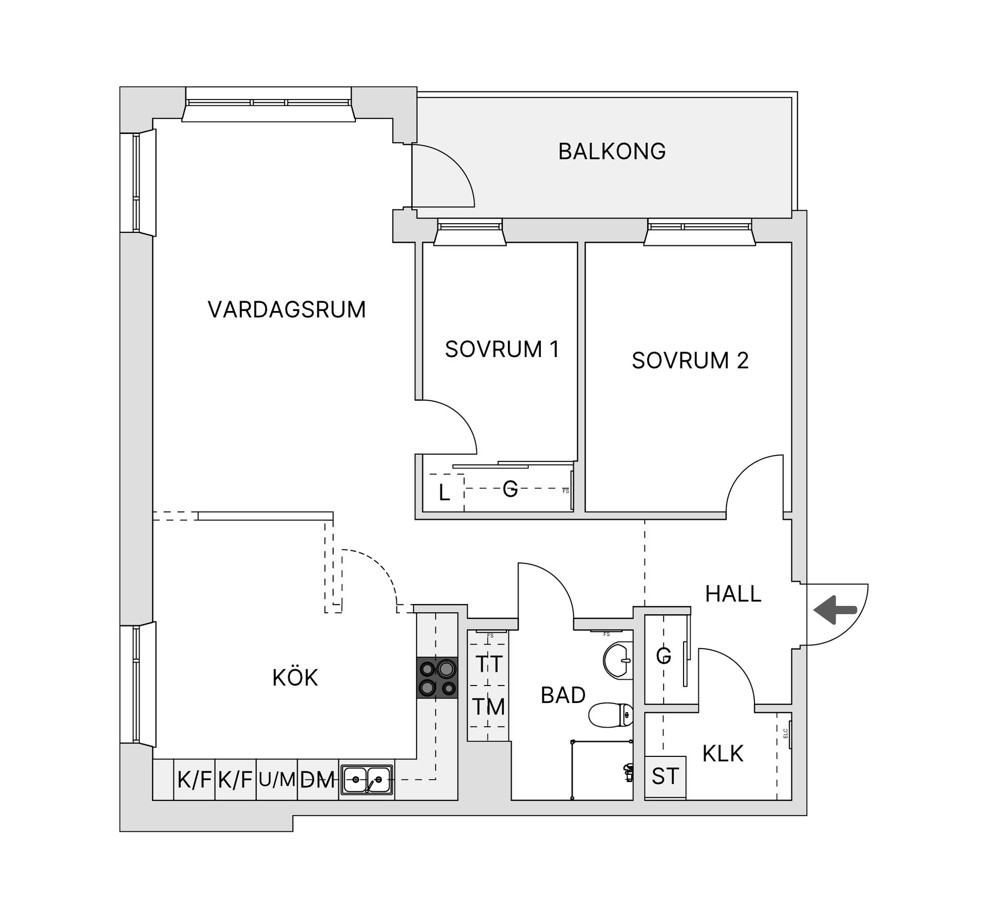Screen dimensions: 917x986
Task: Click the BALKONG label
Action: coord(612,152)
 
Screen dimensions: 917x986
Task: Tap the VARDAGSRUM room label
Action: coord(287,310)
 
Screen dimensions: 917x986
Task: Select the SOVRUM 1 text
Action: coord(502,349)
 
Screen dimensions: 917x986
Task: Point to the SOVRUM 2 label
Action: coord(690,361)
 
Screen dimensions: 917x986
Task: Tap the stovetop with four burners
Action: coord(437,678)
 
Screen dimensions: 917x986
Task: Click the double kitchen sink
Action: coord(367,780)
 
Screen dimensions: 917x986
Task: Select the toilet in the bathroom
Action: coord(611,715)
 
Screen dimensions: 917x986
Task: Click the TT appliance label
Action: coord(488,665)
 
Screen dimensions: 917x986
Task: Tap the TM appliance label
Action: coord(488,707)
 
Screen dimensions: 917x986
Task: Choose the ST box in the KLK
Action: coord(665,776)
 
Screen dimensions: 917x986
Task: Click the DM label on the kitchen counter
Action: coord(317,780)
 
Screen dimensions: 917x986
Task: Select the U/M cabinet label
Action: coord(277,780)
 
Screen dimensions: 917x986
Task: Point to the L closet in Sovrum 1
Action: coord(444,493)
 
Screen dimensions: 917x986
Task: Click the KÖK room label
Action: coord(295,678)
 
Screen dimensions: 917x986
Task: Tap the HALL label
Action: coord(733,594)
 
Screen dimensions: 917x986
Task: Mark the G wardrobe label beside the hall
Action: coord(663,655)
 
